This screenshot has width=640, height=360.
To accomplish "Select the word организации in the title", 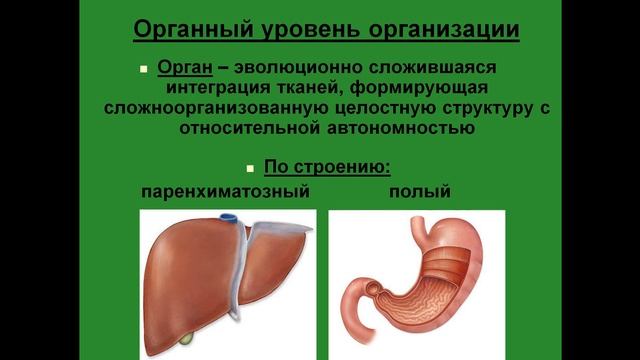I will tap(443, 29).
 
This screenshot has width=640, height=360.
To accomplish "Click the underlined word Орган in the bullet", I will tap(183, 67).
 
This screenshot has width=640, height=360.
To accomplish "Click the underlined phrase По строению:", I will tap(327, 166).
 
